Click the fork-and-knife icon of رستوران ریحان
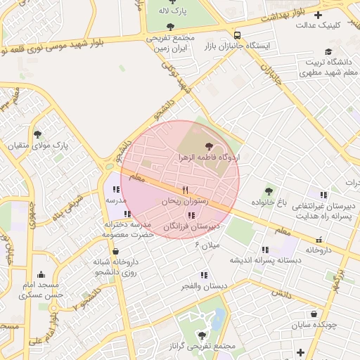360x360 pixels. (185, 190)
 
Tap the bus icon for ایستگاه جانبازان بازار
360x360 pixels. (238, 34)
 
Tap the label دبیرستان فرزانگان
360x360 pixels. (192, 226)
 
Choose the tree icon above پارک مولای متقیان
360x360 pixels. (38, 134)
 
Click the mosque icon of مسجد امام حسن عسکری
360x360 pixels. (41, 275)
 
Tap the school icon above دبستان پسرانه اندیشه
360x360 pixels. (265, 249)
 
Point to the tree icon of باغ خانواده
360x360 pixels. (268, 191)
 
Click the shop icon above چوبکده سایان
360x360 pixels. (313, 314)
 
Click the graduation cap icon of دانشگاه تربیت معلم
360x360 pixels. (328, 51)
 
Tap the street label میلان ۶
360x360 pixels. (207, 245)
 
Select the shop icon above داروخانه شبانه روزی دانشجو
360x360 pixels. (115, 251)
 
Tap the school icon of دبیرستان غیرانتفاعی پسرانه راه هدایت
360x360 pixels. (323, 195)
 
